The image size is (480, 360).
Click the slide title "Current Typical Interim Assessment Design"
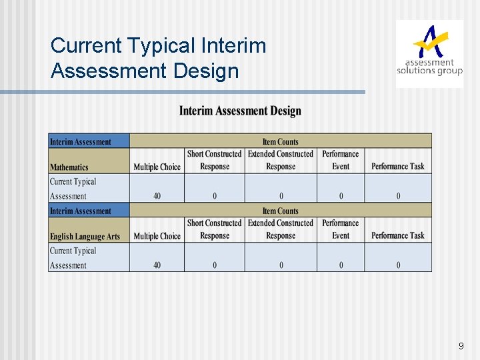(x=158, y=57)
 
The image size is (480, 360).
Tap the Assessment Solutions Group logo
(x=429, y=53)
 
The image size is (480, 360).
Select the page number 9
(x=461, y=346)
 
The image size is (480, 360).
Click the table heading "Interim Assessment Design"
(x=240, y=111)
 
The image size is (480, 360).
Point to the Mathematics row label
(x=69, y=167)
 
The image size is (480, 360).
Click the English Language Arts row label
(x=85, y=237)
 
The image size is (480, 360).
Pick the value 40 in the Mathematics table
(x=157, y=196)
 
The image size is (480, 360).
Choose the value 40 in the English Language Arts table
(x=157, y=265)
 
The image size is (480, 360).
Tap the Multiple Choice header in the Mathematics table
(x=157, y=167)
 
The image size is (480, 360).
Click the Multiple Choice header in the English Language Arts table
(x=157, y=236)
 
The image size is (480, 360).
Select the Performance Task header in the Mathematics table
(x=398, y=167)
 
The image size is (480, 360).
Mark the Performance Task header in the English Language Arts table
(x=398, y=236)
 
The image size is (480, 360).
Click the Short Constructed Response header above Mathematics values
(x=214, y=160)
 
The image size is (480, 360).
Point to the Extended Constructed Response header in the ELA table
(x=281, y=229)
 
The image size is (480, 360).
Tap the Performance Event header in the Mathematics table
(x=341, y=160)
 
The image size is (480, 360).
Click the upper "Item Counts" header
(x=280, y=141)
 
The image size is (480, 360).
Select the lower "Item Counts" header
(x=280, y=211)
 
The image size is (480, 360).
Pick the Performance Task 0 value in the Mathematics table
(x=399, y=196)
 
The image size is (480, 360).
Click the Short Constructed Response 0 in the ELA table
(x=215, y=265)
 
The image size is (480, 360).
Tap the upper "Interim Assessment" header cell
(x=80, y=141)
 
